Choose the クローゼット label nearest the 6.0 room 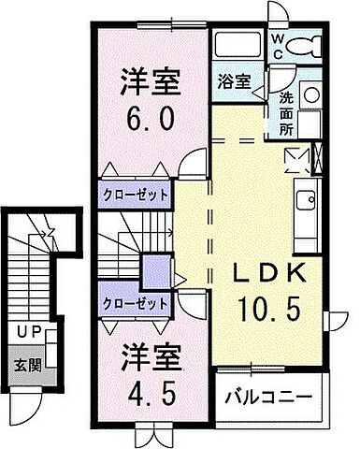135,195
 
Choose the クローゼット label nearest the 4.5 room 135,303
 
